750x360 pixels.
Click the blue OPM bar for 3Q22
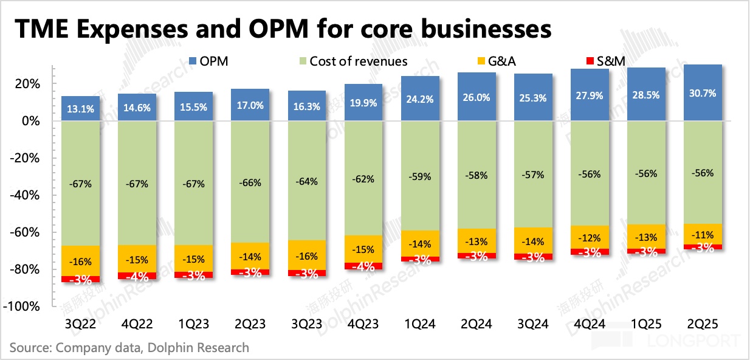click(80, 109)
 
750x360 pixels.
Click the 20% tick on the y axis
click(29, 84)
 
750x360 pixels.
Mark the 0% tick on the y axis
click(32, 121)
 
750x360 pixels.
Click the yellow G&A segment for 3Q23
click(307, 255)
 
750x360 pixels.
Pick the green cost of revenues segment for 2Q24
click(477, 175)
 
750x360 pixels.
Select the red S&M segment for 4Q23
click(363, 266)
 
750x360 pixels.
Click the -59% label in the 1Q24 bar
click(420, 177)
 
